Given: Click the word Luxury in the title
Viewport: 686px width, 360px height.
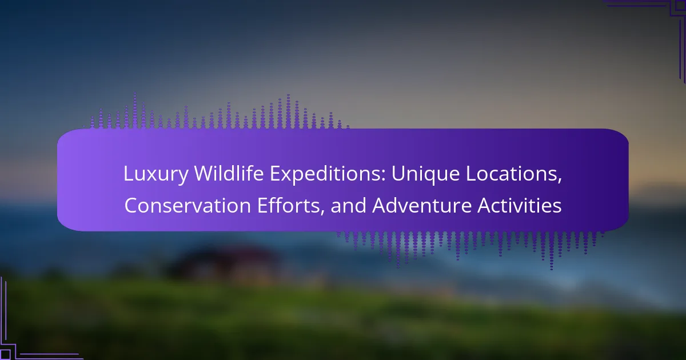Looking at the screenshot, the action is [x=156, y=174].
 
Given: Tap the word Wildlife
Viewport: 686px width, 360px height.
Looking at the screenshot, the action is [x=229, y=173].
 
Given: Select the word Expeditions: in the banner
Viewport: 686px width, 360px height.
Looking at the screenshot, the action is [x=328, y=174].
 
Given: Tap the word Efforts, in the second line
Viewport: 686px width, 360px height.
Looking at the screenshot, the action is [x=291, y=206].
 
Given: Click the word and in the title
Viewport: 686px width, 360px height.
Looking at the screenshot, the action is [x=348, y=205].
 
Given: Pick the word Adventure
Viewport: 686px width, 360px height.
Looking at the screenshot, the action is [x=422, y=205].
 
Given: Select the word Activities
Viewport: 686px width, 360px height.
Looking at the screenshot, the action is [x=520, y=205].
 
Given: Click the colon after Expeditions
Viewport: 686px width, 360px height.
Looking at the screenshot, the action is [x=384, y=177].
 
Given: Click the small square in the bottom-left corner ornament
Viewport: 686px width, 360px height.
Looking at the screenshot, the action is [x=5, y=354].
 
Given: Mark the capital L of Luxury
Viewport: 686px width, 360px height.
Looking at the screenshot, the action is [x=129, y=174].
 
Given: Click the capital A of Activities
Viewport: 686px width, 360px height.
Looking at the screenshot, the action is [x=485, y=206].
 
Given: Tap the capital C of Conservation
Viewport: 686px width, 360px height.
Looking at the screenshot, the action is [x=131, y=206].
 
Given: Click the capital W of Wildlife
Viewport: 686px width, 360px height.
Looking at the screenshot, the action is [x=205, y=174].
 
